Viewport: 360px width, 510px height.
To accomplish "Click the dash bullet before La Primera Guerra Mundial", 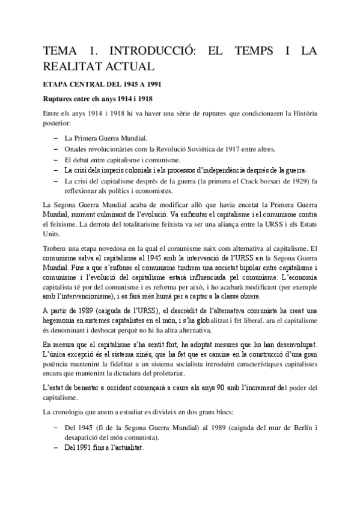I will tap(56, 138).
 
